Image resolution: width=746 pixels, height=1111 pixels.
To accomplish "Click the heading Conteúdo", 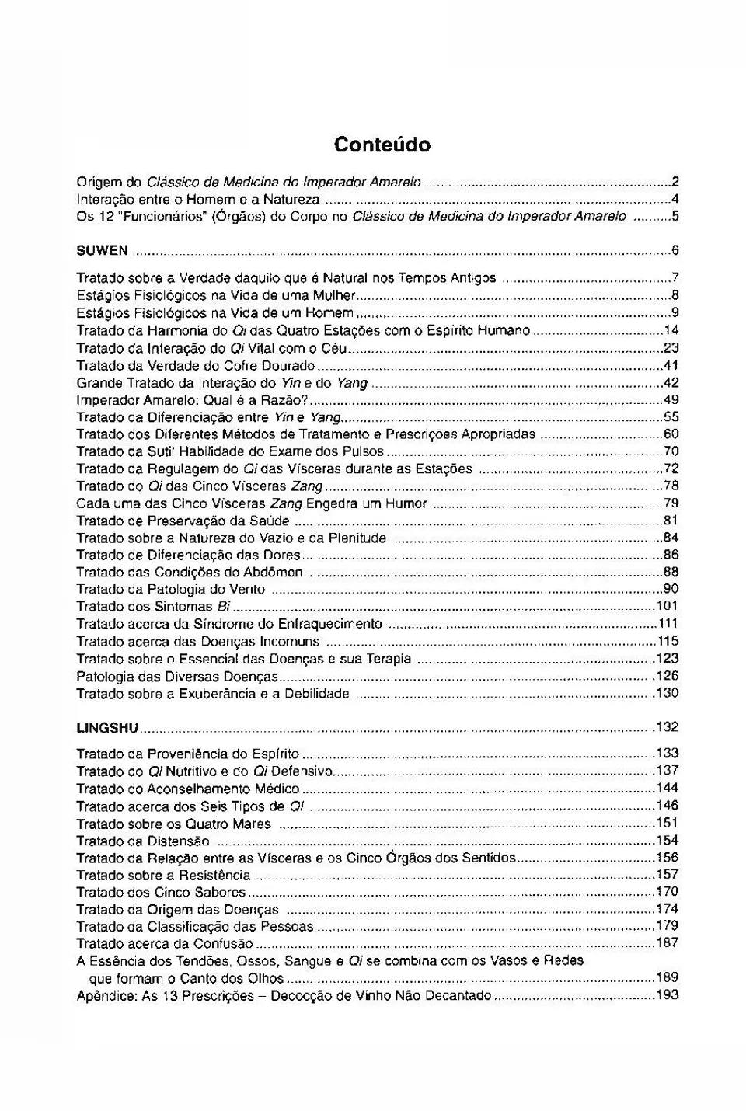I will pyautogui.click(x=382, y=145).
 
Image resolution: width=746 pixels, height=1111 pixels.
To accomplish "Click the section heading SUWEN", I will pyautogui.click(x=102, y=250).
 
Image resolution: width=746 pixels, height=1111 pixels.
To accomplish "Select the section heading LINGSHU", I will pyautogui.click(x=107, y=728).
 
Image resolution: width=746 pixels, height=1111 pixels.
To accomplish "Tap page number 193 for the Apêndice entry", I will pyautogui.click(x=667, y=995).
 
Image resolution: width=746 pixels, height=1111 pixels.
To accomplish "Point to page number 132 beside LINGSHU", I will pyautogui.click(x=667, y=727).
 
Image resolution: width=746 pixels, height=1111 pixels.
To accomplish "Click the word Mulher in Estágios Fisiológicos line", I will pyautogui.click(x=334, y=295).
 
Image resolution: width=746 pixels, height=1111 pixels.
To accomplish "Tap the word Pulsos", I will pyautogui.click(x=364, y=451).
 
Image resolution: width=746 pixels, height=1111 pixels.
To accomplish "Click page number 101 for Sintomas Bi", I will pyautogui.click(x=667, y=606).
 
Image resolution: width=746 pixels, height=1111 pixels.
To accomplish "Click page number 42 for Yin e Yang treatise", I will pyautogui.click(x=671, y=382).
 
